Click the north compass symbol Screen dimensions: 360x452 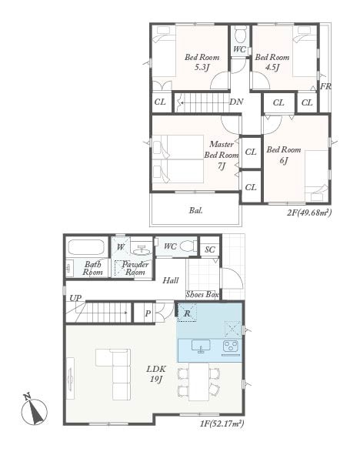[x=35, y=410]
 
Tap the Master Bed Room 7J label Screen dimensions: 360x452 [x=222, y=155]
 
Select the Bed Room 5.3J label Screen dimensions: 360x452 [x=202, y=62]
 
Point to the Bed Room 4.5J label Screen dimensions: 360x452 [x=272, y=62]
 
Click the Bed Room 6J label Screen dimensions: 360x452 [x=284, y=155]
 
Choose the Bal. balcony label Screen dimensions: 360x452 [x=196, y=210]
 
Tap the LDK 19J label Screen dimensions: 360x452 [x=156, y=374]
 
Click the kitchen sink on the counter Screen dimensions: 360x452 [x=201, y=346]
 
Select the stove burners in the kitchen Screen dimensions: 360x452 [x=231, y=347]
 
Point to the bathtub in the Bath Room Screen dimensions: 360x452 [x=86, y=247]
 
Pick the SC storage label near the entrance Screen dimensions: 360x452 [x=210, y=249]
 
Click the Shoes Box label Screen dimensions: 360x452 [x=202, y=295]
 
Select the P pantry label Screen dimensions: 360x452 [x=148, y=313]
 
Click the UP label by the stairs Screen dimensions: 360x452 [x=75, y=298]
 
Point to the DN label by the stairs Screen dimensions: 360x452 [x=236, y=102]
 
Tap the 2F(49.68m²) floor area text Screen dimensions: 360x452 [x=309, y=213]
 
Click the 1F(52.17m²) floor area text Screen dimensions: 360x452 [x=222, y=424]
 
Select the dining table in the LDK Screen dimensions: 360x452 [x=199, y=382]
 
